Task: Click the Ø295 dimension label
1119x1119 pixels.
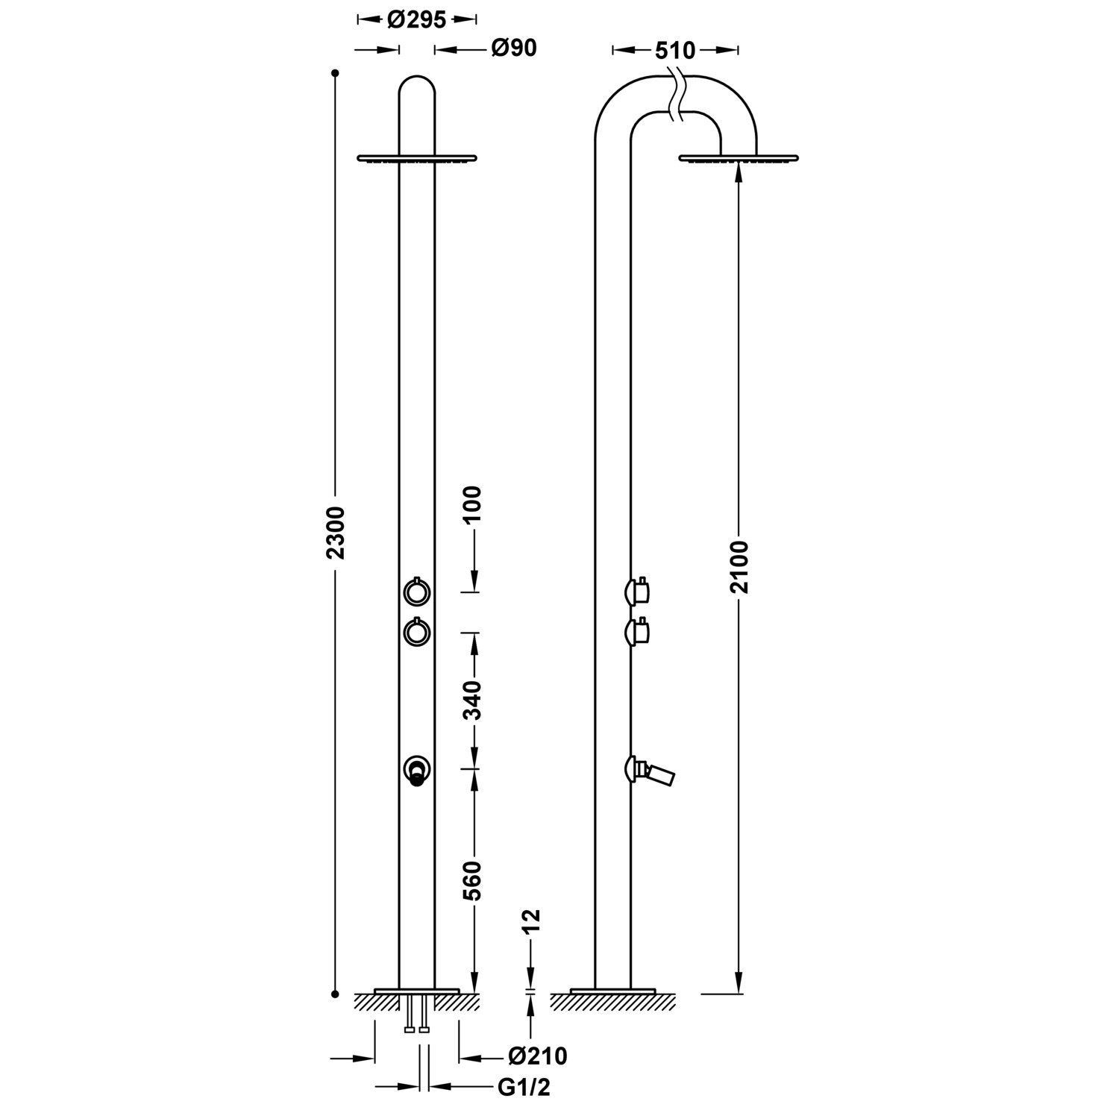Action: coord(417,19)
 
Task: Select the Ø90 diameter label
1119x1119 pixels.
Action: coord(514,48)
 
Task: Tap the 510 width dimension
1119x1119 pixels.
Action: coord(675,51)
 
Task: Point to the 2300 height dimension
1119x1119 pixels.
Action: coord(336,533)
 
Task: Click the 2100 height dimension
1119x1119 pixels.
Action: coord(739,566)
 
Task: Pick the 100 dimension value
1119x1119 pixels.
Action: coord(473,507)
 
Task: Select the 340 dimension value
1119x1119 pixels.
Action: coord(473,700)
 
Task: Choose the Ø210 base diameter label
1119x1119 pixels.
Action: coord(537,1056)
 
